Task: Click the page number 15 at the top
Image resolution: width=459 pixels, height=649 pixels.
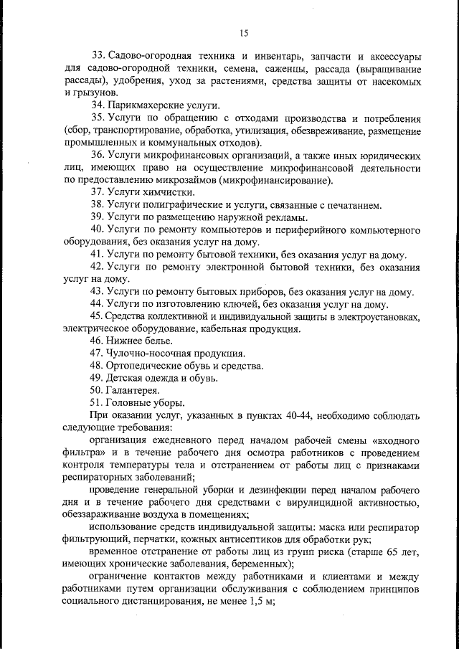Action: (242, 32)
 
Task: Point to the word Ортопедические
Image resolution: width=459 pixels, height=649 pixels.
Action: (147, 366)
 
